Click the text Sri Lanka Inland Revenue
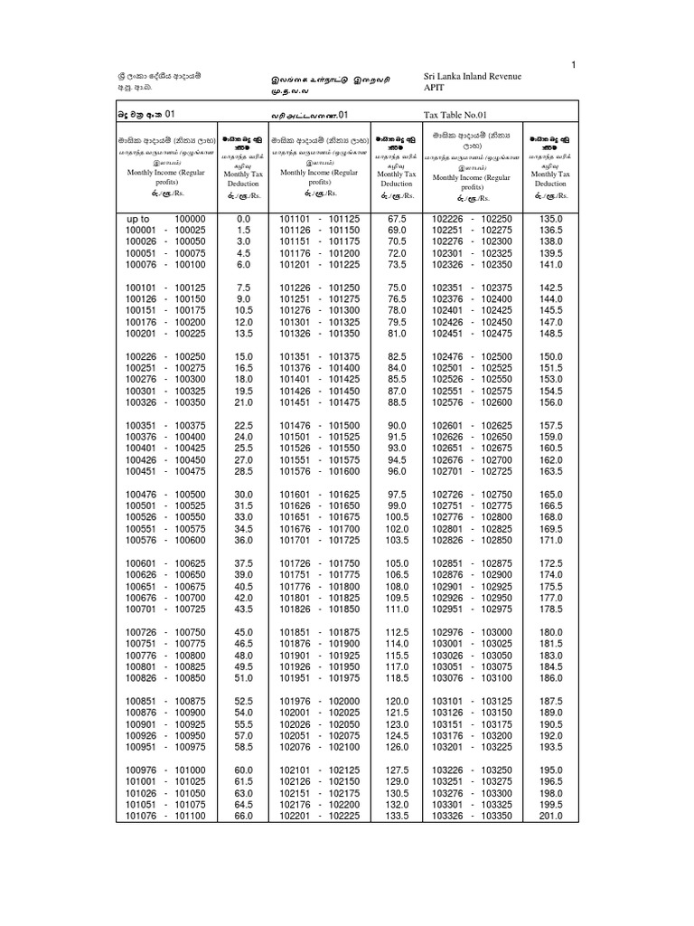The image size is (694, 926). tap(482, 78)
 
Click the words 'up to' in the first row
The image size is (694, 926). tap(137, 219)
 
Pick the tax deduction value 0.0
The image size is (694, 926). tap(243, 219)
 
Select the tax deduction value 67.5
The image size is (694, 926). tap(397, 219)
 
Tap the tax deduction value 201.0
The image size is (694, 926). tap(550, 816)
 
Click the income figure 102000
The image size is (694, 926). tap(344, 701)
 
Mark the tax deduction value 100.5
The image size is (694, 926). tap(397, 517)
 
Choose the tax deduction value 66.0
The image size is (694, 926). tap(243, 816)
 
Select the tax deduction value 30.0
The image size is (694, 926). tap(243, 494)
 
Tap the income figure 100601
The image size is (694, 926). tap(141, 562)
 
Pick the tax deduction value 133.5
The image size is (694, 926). tap(397, 816)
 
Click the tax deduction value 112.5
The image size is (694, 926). tap(397, 632)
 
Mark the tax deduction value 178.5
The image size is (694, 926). tap(550, 609)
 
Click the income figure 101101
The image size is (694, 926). tap(295, 219)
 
